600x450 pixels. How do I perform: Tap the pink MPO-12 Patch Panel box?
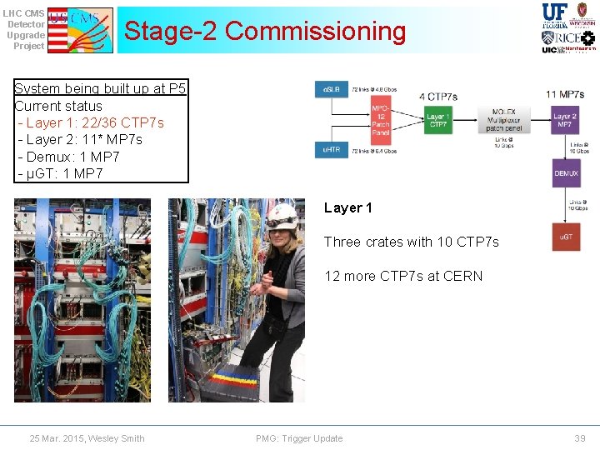point(380,121)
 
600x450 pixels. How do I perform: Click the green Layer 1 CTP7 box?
point(437,121)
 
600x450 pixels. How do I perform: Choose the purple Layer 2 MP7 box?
point(565,121)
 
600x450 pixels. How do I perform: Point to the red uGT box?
point(566,237)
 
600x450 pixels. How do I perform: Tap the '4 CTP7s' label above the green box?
point(437,97)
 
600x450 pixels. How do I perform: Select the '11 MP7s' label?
point(565,93)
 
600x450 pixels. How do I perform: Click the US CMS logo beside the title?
point(80,31)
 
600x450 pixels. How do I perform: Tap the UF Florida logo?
point(555,15)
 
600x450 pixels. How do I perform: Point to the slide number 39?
point(580,438)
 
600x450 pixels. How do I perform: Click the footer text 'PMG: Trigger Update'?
point(299,438)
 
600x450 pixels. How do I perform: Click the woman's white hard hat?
point(282,215)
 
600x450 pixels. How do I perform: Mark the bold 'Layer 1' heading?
point(347,208)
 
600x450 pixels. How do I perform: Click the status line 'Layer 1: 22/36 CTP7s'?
point(95,122)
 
